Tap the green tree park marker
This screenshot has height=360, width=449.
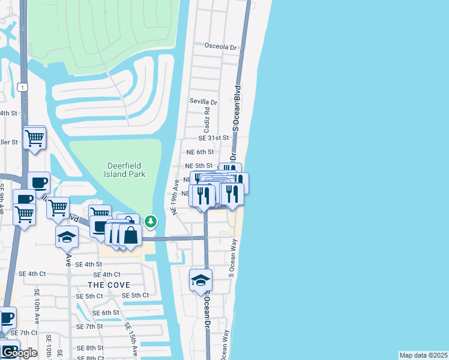pyautogui.click(x=150, y=222)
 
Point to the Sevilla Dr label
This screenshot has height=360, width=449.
pyautogui.click(x=203, y=102)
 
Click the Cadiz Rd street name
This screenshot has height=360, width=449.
pyautogui.click(x=206, y=119)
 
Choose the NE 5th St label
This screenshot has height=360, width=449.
pyautogui.click(x=199, y=166)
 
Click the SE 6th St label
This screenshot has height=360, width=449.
pyautogui.click(x=106, y=313)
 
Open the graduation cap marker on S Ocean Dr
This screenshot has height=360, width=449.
pyautogui.click(x=200, y=280)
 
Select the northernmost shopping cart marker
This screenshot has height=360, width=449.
pyautogui.click(x=35, y=138)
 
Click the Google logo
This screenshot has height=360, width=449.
pyautogui.click(x=19, y=353)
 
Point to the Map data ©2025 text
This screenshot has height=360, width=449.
pyautogui.click(x=423, y=355)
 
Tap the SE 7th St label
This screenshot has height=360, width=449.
pyautogui.click(x=90, y=326)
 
